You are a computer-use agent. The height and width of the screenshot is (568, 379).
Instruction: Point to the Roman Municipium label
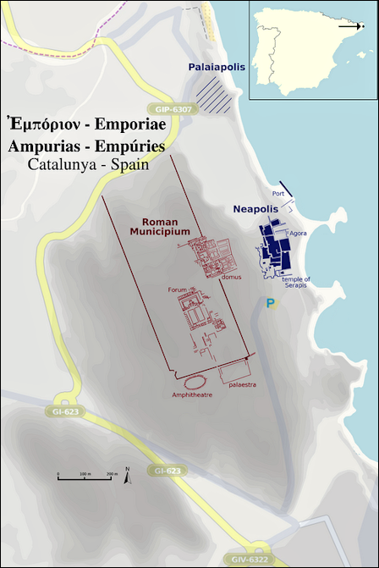(159, 226)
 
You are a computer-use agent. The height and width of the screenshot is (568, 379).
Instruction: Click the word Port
(278, 194)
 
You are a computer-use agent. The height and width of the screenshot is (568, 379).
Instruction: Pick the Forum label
(177, 290)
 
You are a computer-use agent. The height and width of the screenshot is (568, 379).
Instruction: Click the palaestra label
(242, 385)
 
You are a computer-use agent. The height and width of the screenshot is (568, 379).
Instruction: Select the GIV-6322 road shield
(249, 560)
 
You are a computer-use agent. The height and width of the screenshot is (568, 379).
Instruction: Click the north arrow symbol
(126, 477)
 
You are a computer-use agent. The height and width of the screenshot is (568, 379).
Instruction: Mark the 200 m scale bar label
(111, 471)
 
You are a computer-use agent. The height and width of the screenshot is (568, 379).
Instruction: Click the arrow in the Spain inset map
(349, 26)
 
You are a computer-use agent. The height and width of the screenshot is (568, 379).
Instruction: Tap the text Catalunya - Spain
(88, 165)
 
